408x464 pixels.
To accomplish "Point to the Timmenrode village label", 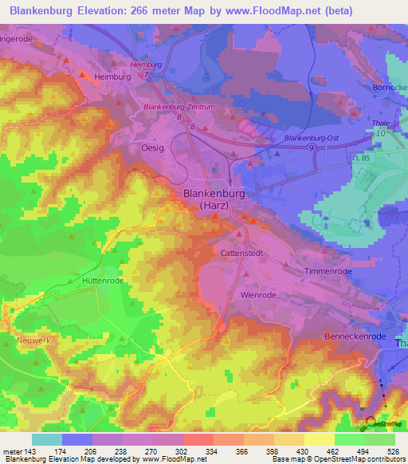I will pyautogui.click(x=328, y=271).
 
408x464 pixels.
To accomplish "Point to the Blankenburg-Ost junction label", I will pyautogui.click(x=312, y=138).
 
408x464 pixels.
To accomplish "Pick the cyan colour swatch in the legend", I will pyautogui.click(x=47, y=439).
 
